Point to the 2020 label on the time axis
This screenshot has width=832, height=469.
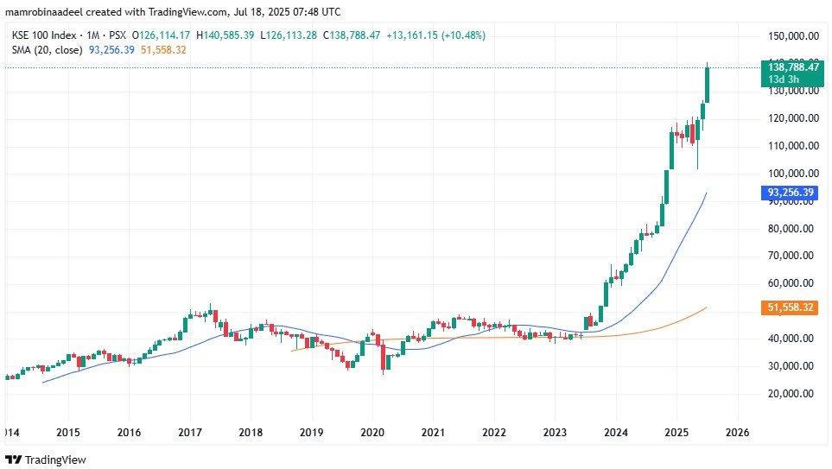372,432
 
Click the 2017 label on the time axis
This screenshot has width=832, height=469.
189,432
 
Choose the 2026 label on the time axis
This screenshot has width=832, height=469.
738,432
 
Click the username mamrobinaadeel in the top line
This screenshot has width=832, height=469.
45,12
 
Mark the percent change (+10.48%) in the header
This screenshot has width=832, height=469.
462,35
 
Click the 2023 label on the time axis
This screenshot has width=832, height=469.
555,432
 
